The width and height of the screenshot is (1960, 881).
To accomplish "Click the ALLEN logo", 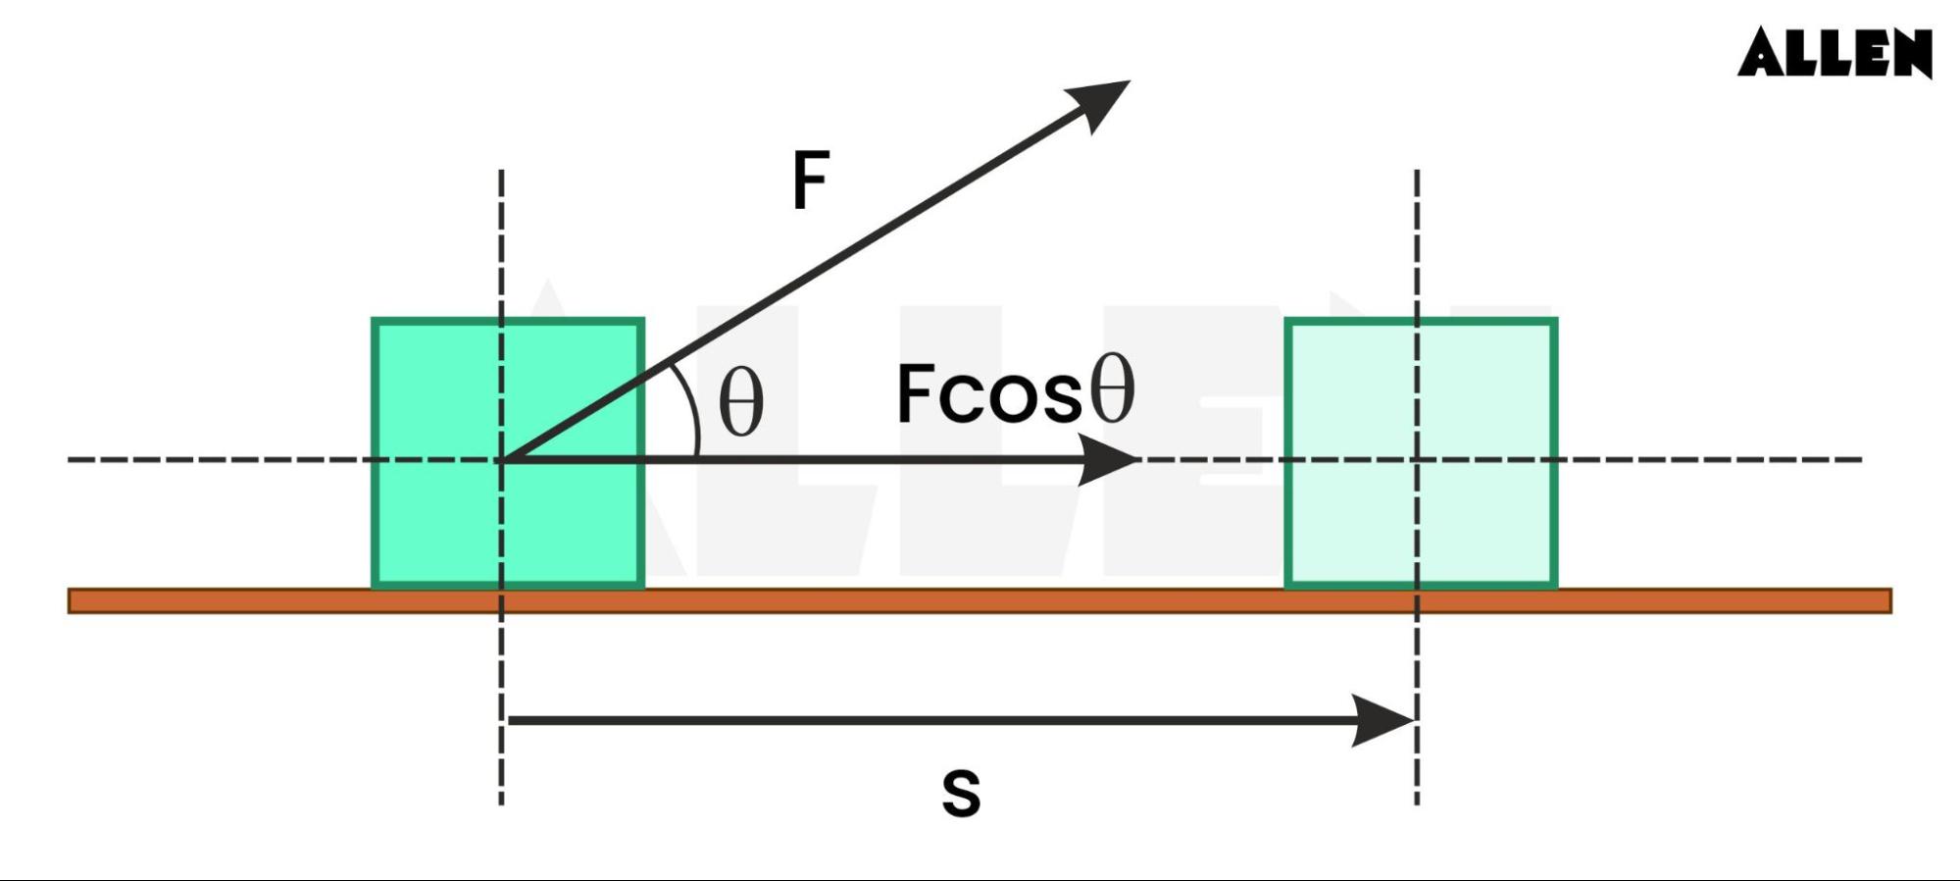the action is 1834,52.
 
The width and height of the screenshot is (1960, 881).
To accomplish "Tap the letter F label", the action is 811,180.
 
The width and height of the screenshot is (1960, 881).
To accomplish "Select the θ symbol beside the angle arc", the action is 740,402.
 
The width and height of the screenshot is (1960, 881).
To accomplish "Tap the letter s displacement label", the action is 961,793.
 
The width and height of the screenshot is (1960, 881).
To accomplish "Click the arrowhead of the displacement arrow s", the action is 1382,720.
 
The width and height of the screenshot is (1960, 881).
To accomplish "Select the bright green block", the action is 508,453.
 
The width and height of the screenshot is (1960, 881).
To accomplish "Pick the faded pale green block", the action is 1421,453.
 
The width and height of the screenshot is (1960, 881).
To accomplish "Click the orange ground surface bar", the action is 980,600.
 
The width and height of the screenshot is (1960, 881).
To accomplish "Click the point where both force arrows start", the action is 503,459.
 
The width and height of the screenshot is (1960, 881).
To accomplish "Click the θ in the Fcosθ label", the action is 1113,389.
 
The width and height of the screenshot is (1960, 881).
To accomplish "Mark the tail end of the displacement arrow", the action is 509,720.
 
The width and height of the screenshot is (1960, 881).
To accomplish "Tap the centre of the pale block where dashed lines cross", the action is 1417,459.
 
